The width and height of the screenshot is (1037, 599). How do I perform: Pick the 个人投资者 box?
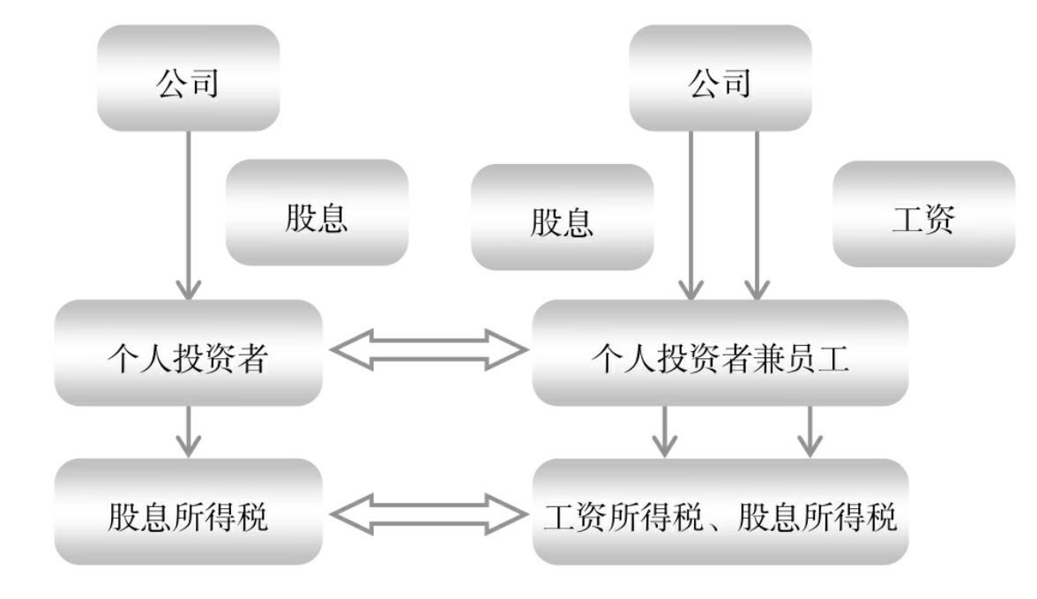pos(187,353)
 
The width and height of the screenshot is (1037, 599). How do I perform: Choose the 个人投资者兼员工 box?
pos(720,353)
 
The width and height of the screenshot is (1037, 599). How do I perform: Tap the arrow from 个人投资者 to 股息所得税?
pos(188,432)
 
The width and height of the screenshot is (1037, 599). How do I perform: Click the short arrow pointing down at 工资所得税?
pos(666,432)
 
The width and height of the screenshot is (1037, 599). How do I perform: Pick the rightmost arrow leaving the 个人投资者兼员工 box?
pos(809,432)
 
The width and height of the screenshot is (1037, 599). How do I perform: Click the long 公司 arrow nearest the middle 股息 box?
pos(691,215)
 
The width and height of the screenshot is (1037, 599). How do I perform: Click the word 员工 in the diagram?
pos(821,354)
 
